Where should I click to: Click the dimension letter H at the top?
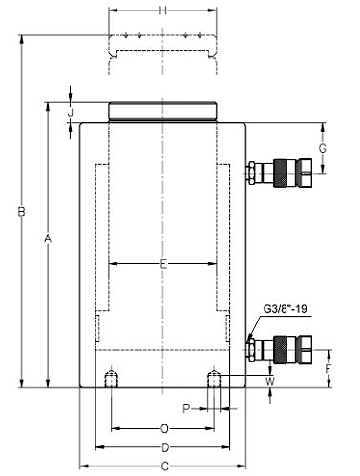(x=162, y=10)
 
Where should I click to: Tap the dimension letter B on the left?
(x=21, y=212)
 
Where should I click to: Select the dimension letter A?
(x=48, y=238)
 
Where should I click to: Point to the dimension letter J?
(x=71, y=112)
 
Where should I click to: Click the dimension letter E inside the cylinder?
(x=163, y=264)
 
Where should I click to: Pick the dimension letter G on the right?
(x=323, y=148)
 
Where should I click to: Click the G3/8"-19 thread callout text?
(x=286, y=309)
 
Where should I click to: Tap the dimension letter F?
(x=328, y=369)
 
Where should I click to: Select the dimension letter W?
(x=270, y=382)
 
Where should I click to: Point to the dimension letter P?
(x=186, y=408)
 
